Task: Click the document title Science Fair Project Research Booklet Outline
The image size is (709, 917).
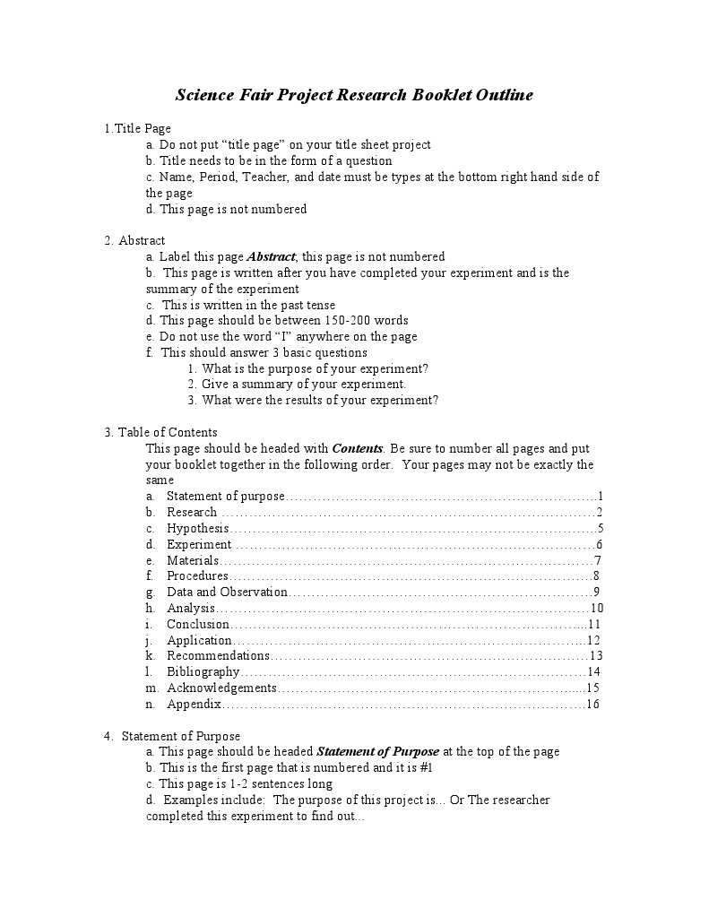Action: [354, 95]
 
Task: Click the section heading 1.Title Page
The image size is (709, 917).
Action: [137, 128]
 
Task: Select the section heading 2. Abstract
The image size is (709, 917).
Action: [135, 240]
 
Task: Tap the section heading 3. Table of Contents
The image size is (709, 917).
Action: [160, 432]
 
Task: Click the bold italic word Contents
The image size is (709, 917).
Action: [358, 448]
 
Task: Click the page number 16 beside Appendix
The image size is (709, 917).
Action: [592, 705]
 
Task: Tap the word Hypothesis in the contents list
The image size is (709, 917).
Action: [197, 528]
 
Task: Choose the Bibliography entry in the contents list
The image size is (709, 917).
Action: [203, 671]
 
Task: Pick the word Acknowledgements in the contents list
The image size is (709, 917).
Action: [221, 688]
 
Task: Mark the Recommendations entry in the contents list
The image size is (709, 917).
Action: [218, 655]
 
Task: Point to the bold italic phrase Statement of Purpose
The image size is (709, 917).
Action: [378, 751]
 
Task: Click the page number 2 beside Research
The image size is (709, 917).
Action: [599, 512]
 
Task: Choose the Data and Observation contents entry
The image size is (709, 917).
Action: [227, 592]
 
